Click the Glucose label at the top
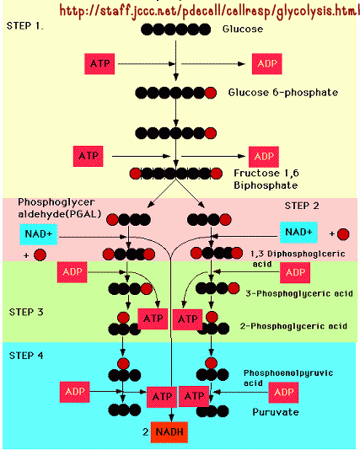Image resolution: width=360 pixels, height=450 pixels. coord(243,29)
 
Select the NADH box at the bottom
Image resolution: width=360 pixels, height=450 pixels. coord(169,432)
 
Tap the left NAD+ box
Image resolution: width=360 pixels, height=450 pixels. coord(39,234)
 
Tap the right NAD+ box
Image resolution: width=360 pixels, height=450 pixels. coord(298,233)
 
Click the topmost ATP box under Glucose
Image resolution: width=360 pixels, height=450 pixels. coord(99,64)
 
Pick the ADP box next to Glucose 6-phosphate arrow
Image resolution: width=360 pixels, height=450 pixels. coord(267,64)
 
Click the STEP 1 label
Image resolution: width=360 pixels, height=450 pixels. coord(25,26)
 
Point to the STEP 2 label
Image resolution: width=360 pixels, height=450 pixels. coord(302,206)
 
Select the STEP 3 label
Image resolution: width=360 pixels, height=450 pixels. coord(26,312)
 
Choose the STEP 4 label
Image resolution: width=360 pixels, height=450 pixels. coord(26,356)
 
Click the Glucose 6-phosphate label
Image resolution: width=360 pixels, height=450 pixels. coord(283,93)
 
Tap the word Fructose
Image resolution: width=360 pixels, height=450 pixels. coord(256,173)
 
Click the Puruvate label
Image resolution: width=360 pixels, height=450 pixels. coord(276,412)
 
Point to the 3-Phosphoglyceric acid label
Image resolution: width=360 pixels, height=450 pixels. coord(299,293)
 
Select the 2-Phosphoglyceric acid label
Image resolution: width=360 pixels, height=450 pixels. coord(293,326)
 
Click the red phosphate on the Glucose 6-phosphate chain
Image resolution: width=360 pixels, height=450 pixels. coord(211,93)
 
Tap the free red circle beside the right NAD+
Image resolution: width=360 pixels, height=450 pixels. coord(343,234)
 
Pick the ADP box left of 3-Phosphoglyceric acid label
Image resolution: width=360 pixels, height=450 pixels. coord(295,273)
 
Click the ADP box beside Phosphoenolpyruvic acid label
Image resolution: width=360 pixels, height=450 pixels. coord(283,393)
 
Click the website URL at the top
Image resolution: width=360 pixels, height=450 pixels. coord(210,11)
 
